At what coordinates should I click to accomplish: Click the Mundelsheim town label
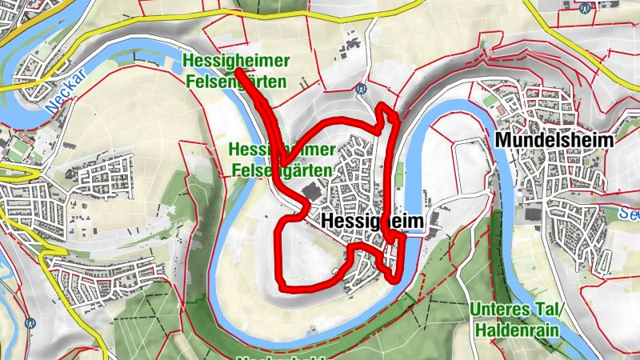click(554, 140)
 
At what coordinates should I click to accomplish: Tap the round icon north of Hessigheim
click(362, 90)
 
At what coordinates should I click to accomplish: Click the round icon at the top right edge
click(586, 6)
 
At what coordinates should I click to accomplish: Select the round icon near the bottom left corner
click(30, 324)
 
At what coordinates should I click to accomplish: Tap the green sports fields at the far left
click(18, 150)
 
